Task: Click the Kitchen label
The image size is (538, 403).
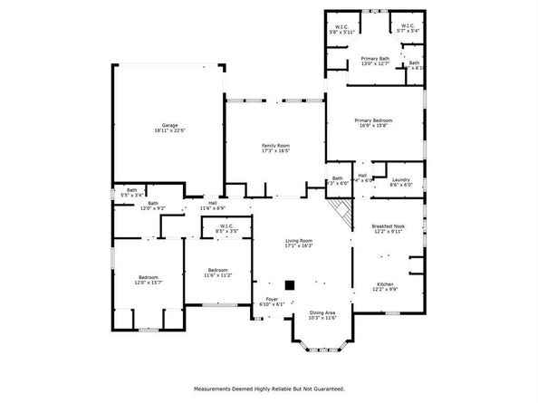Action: click(386, 285)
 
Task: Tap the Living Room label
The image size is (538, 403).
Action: click(299, 242)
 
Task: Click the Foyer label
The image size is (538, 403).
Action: click(272, 301)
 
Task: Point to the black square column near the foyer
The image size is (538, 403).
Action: click(290, 284)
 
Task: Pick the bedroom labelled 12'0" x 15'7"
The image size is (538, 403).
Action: click(149, 279)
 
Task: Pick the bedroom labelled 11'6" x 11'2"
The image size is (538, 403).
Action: click(217, 272)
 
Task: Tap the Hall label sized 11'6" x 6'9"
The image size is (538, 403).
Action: click(214, 205)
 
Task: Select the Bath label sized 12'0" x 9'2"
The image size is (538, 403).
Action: click(153, 205)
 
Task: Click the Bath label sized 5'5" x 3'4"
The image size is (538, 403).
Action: click(132, 192)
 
